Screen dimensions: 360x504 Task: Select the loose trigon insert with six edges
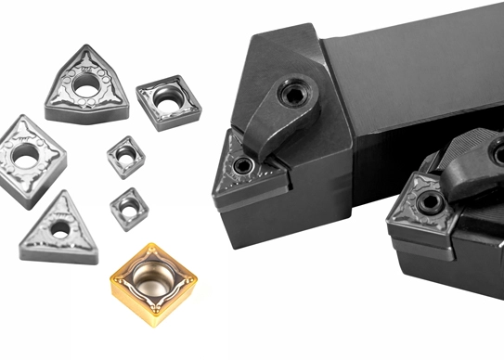85,85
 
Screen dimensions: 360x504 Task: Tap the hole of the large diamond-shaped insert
26,152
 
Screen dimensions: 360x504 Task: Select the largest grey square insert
169,100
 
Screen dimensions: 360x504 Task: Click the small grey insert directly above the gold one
129,209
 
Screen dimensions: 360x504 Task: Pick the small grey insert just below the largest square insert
125,157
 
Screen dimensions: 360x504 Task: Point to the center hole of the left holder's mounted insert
242,167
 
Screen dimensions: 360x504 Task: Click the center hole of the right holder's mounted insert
429,202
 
